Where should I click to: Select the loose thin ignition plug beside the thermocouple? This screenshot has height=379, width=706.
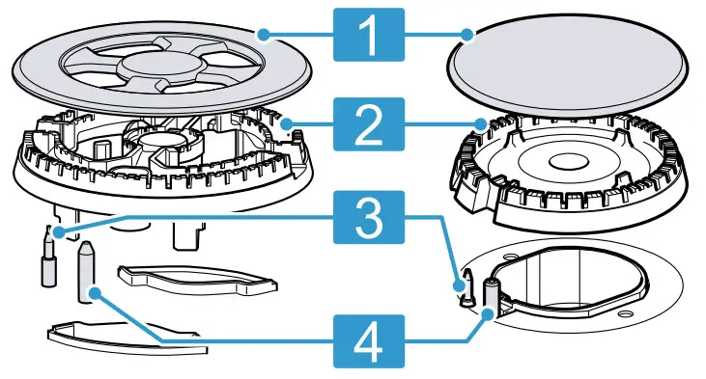coord(45,259)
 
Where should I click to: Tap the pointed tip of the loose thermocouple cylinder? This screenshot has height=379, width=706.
coord(84,248)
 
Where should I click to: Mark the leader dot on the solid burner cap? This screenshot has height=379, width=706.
coord(467,37)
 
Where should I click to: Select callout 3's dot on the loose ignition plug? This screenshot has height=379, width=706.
coord(58,232)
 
